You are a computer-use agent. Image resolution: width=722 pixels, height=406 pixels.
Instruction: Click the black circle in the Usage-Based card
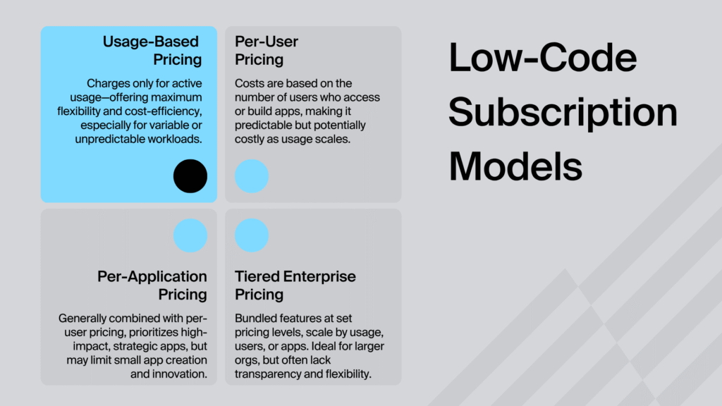(190, 176)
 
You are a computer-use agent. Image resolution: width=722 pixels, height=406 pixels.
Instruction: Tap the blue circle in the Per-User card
(252, 176)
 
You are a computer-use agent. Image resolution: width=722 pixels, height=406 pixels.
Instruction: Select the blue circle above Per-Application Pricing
(190, 235)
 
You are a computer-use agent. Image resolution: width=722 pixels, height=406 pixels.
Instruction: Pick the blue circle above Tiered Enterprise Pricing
(252, 235)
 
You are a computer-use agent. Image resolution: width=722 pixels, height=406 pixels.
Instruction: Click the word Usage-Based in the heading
(151, 42)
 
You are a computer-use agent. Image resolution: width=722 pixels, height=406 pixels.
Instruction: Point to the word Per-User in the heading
(266, 42)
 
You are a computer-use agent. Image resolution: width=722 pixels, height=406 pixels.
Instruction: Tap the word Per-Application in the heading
(152, 276)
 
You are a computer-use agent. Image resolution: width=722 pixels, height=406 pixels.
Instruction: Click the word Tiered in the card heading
(257, 276)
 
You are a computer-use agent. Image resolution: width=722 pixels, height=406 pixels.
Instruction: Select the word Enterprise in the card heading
(319, 276)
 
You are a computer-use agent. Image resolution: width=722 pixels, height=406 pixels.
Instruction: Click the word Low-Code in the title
(543, 58)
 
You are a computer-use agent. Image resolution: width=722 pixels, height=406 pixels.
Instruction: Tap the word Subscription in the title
(563, 112)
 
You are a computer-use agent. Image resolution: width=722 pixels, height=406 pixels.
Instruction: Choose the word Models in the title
(515, 166)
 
